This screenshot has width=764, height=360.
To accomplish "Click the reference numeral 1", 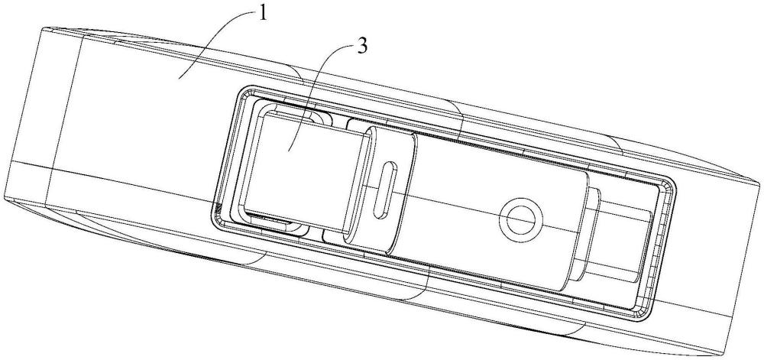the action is tap(263, 14).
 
